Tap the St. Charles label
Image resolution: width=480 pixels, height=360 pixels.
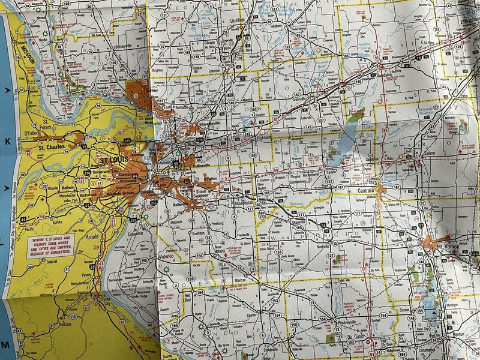[x=50, y=146]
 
